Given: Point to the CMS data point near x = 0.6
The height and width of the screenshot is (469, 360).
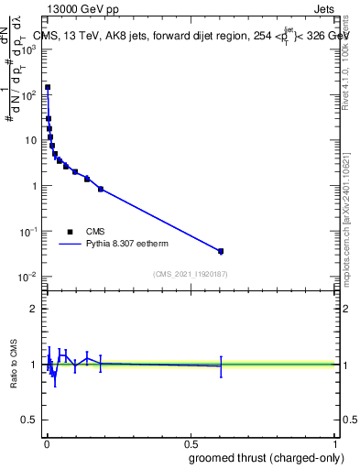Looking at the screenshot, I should click(x=221, y=251).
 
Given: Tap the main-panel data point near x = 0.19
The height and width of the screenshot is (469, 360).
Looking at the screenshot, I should click(x=101, y=189).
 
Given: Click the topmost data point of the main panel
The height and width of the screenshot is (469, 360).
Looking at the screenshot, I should click(x=48, y=88).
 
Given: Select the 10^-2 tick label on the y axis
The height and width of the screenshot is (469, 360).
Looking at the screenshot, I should click(x=27, y=277).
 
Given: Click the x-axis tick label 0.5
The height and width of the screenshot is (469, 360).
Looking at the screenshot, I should click(x=191, y=444).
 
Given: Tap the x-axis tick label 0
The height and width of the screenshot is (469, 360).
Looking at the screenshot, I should click(x=47, y=444).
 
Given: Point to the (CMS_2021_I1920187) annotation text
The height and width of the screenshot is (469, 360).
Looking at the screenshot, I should click(x=190, y=274).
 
